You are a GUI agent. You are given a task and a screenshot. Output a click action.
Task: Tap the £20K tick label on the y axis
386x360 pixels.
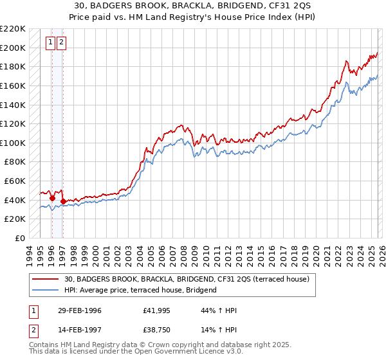tap(15, 219)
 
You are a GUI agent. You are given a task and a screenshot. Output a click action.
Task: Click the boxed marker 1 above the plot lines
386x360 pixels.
tap(50, 43)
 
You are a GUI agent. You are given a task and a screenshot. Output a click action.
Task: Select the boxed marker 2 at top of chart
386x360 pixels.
tap(61, 43)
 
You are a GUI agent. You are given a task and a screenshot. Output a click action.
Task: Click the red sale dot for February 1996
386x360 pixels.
tap(51, 198)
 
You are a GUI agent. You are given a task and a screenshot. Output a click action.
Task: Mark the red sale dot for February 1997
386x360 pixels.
tap(62, 201)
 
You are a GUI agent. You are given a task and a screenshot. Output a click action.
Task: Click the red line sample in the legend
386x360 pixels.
tap(46, 279)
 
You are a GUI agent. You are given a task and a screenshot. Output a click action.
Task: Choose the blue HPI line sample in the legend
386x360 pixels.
tap(46, 290)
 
